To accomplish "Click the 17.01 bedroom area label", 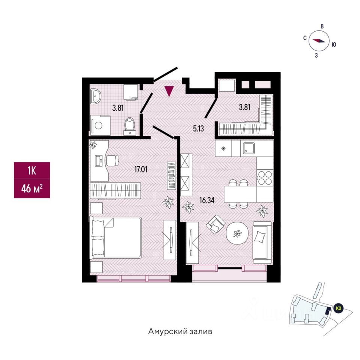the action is [141, 169].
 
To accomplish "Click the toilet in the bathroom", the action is [130, 125].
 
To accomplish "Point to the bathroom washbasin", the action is [96, 97].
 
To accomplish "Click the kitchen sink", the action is [249, 149].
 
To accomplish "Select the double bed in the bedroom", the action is [116, 237].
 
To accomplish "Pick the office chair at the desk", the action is [112, 160].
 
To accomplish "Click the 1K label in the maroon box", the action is [31, 171].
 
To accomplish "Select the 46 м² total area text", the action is [31, 188].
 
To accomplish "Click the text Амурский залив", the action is [180, 331].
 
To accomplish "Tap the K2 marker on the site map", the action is [339, 308].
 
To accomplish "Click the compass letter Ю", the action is [334, 44].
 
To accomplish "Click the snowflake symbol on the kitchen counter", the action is [223, 149].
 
